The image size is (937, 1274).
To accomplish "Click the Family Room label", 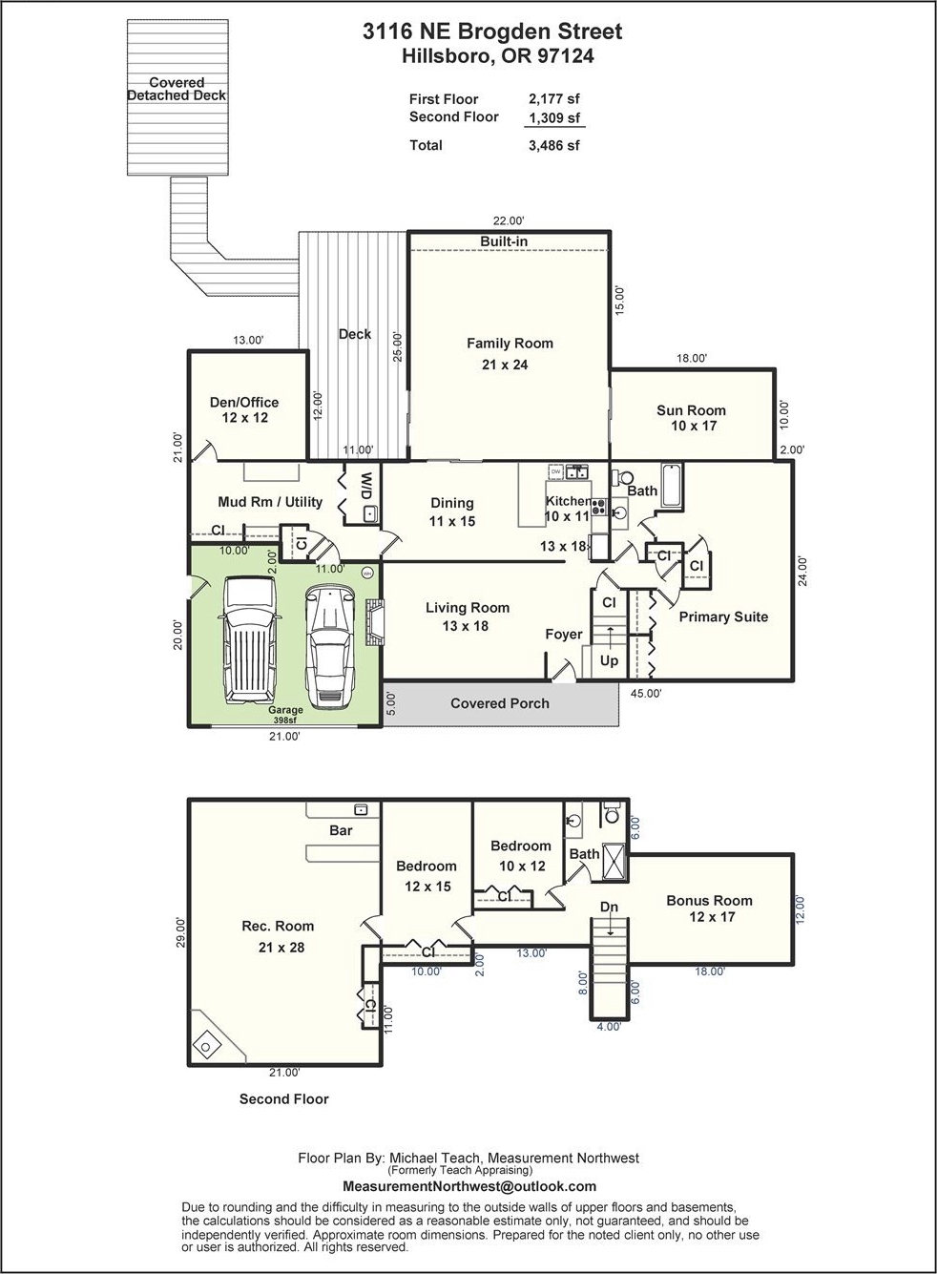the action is [x=510, y=344].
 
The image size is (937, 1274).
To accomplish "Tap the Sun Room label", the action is [x=691, y=410].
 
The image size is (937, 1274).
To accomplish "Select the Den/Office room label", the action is [x=244, y=403].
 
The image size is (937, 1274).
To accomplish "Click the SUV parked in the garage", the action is [x=250, y=639].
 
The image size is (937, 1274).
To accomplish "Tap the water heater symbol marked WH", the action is [x=367, y=574].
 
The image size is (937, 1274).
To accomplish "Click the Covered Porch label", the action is [x=500, y=703].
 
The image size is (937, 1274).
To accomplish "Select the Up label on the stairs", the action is [x=609, y=661].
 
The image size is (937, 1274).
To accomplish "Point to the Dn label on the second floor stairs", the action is [x=609, y=908].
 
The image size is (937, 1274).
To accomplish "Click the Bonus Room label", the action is [x=709, y=901].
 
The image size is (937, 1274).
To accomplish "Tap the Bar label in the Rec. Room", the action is [x=341, y=831].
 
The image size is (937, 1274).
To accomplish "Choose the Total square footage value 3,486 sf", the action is [x=553, y=146].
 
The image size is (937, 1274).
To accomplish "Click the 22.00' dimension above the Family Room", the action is [x=508, y=220].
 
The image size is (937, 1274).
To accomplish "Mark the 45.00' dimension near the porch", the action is [x=647, y=694].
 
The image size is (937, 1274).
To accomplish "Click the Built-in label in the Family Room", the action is [x=504, y=241].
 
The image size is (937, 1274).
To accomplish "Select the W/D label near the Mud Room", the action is [x=367, y=487].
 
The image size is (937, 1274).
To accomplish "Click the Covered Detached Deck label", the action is [x=177, y=90].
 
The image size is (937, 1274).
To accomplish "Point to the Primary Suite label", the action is [x=723, y=617].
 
